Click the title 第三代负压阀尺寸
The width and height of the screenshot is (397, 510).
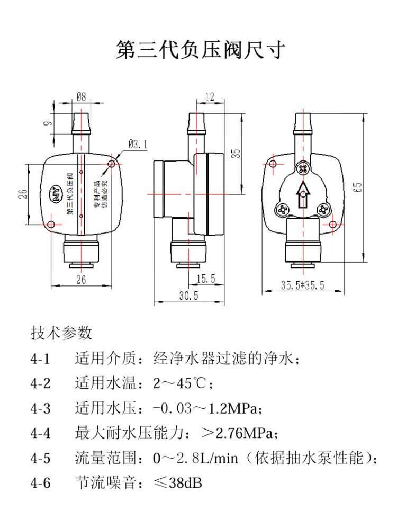tap(201, 50)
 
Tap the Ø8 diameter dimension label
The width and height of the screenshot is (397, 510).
tap(82, 97)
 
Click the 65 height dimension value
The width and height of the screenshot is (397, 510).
tap(358, 186)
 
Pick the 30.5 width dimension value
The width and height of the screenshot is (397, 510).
tap(188, 296)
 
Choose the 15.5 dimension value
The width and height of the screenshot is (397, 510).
tap(205, 278)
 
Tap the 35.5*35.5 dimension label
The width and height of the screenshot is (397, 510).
tap(302, 285)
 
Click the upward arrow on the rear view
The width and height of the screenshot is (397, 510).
tap(303, 194)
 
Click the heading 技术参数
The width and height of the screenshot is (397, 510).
tap(61, 333)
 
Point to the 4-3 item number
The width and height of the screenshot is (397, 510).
tap(40, 409)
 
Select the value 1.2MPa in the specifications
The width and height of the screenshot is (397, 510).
tap(232, 409)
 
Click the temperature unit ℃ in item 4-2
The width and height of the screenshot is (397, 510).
tap(200, 383)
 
